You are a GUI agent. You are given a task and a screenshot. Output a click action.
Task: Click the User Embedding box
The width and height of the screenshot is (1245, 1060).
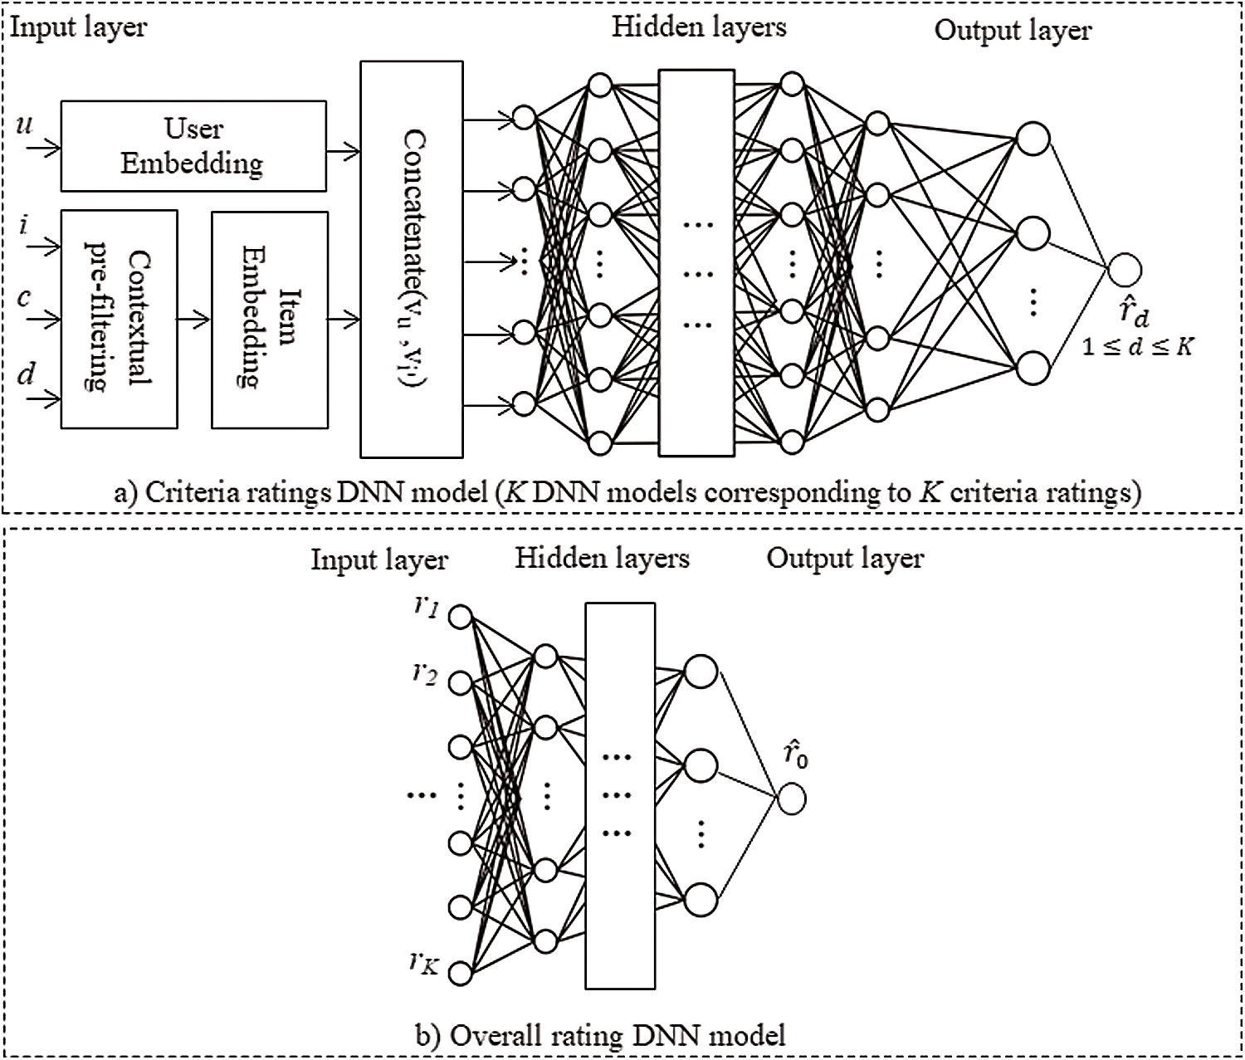click(193, 146)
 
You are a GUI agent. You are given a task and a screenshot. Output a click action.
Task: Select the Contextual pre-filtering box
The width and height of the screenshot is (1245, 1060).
click(119, 319)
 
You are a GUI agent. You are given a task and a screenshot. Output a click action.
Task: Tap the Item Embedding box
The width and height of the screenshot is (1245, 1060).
click(269, 320)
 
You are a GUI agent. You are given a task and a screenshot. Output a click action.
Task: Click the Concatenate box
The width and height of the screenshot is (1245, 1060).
click(411, 259)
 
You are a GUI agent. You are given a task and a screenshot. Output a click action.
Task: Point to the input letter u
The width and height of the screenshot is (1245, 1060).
click(25, 125)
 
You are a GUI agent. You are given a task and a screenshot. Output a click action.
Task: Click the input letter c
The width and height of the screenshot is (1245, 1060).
click(24, 296)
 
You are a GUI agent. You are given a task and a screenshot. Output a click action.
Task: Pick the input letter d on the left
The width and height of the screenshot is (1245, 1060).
click(27, 375)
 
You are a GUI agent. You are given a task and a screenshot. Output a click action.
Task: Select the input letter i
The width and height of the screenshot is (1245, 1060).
click(24, 224)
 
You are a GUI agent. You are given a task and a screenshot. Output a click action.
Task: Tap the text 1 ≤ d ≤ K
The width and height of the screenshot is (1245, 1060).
click(1137, 346)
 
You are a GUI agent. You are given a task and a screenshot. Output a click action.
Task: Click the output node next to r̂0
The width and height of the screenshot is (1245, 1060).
click(791, 799)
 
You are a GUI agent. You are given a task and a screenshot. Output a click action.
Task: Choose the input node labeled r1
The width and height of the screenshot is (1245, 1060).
click(460, 617)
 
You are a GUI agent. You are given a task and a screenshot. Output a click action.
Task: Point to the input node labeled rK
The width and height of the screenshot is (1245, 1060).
click(460, 972)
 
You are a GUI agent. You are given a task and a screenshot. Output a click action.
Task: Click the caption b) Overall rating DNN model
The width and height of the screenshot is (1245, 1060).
click(599, 1035)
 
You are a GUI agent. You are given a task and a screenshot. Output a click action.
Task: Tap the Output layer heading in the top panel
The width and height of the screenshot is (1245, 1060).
click(1012, 31)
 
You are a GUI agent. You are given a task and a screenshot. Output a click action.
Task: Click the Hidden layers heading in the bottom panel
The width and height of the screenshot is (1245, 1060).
click(602, 558)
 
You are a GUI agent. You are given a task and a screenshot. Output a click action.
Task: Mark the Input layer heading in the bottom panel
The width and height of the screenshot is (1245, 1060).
click(378, 559)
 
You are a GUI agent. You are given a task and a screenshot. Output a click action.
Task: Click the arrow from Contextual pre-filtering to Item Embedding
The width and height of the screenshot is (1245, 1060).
click(194, 318)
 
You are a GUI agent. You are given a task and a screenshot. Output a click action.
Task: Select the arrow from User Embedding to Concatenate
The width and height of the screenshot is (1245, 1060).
click(343, 151)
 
